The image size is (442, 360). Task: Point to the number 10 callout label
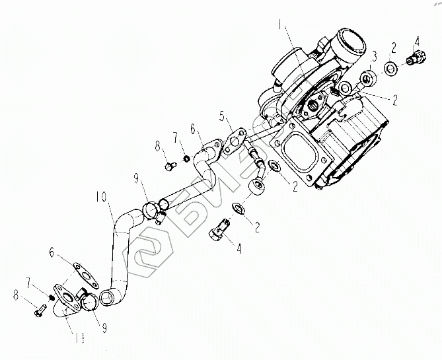(x=100, y=196)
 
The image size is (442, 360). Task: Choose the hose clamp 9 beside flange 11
(x=86, y=301)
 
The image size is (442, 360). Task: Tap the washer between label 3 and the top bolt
(x=390, y=67)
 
